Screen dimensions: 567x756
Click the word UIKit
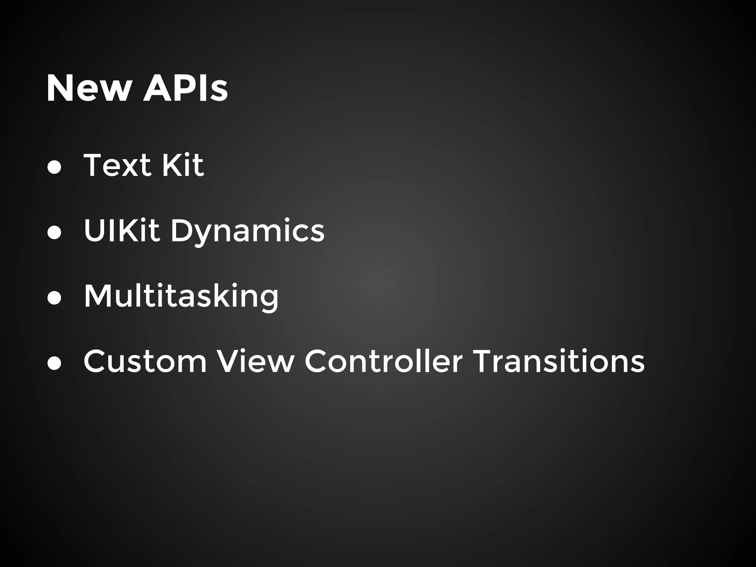coord(121,230)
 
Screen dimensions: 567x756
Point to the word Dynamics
coord(247,232)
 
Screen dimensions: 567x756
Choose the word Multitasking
coord(181,297)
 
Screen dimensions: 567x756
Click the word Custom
coord(145,361)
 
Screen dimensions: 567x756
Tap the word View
coord(255,361)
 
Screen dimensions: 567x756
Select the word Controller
coord(383,361)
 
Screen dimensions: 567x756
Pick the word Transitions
coord(559,361)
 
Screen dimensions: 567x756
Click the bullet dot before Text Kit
coord(54,167)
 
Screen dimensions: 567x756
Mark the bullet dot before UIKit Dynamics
coord(54,233)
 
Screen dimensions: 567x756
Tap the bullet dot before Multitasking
coord(54,298)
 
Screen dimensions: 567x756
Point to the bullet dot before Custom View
coord(54,363)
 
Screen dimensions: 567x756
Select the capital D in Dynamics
coord(183,230)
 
